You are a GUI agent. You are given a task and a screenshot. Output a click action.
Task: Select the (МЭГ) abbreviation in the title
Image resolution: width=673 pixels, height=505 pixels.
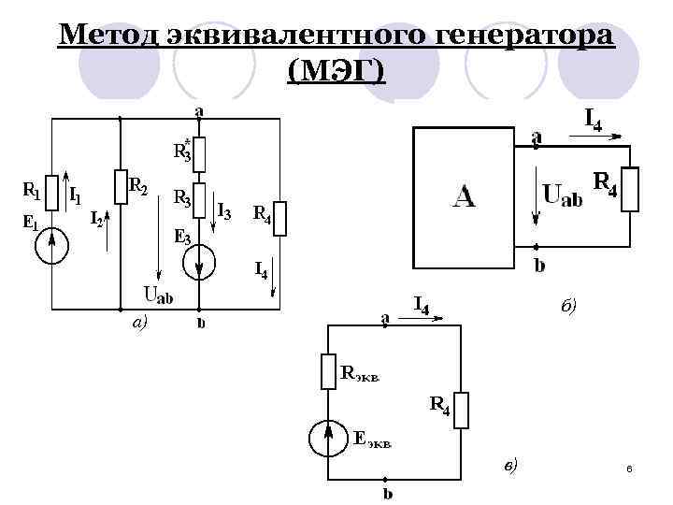(x=336, y=71)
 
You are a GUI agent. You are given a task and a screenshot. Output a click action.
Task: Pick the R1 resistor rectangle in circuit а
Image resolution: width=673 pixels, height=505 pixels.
(x=52, y=192)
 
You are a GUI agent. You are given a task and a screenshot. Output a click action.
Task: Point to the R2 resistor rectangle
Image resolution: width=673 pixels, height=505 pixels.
(x=120, y=185)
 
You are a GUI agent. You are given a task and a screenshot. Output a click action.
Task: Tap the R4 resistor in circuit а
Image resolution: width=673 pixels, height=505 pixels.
(x=280, y=218)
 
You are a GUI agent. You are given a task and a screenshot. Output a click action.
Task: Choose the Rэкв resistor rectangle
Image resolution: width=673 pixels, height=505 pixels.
(x=327, y=370)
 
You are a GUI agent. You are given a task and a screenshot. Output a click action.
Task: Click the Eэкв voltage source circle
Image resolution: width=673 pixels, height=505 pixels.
(x=327, y=436)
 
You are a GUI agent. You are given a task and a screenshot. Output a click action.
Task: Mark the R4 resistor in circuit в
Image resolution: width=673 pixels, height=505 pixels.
(x=462, y=410)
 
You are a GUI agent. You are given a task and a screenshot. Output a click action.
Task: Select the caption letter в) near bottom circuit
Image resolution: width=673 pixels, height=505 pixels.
(x=510, y=465)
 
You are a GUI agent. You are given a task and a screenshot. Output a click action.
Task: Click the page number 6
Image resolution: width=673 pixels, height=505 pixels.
(x=630, y=468)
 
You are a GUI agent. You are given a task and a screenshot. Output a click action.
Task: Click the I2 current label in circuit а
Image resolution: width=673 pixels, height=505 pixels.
(x=95, y=220)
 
